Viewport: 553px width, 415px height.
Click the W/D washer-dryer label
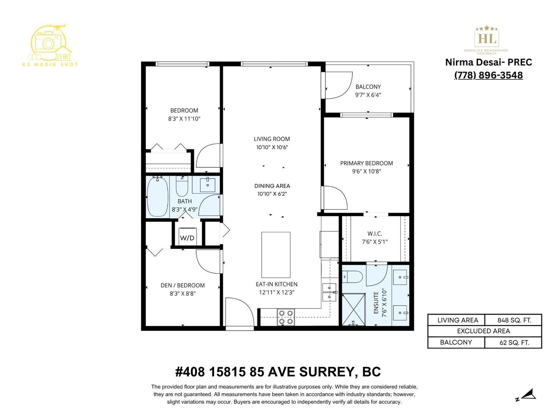point(187,238)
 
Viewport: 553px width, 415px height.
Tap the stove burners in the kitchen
point(286,317)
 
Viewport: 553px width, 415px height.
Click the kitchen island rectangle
point(275,255)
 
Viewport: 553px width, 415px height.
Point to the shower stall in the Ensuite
point(354,309)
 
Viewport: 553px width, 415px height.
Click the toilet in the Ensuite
point(353,277)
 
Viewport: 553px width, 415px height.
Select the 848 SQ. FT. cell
point(514,320)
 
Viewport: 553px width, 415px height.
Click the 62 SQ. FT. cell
point(514,343)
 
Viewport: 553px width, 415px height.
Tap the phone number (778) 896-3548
point(488,75)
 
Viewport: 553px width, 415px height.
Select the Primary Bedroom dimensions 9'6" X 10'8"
point(366,171)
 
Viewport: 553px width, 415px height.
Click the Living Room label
point(272,139)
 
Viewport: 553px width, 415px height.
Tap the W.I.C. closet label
point(375,234)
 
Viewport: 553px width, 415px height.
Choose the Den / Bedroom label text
point(182,285)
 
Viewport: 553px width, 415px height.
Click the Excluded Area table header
point(484,331)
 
